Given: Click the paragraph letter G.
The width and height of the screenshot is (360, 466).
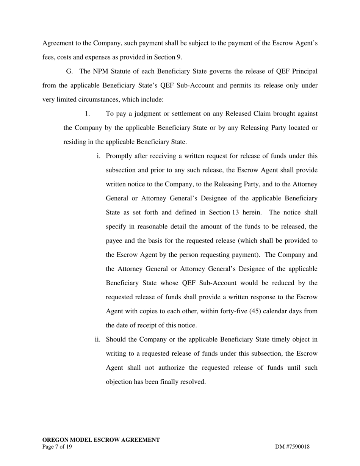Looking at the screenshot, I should [69, 71].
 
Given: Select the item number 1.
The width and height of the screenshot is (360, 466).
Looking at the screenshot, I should [87, 114].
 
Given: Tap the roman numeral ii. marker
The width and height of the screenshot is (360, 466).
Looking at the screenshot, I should [97, 339].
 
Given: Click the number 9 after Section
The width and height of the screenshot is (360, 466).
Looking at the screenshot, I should [179, 57].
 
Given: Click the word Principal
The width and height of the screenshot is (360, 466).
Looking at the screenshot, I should [305, 71].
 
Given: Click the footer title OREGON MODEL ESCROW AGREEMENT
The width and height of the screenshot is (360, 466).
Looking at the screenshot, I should [101, 440].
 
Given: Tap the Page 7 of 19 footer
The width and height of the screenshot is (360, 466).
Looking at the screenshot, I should [57, 447].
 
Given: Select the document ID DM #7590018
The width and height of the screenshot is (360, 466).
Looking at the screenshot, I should [292, 447].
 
